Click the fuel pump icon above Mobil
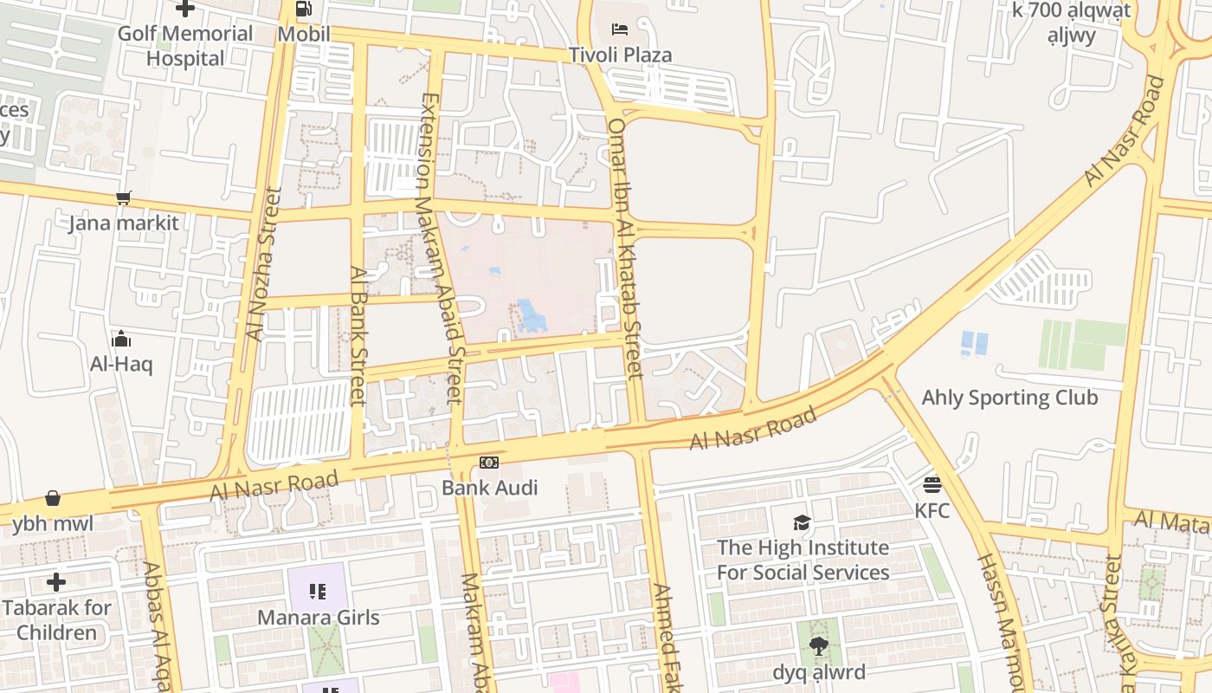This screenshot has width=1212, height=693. tap(303, 10)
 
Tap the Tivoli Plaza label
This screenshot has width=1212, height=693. tap(620, 55)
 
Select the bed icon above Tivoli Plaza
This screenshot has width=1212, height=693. tap(620, 29)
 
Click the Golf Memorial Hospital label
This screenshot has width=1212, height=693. tap(185, 46)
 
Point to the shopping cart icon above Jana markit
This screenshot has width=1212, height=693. tap(124, 198)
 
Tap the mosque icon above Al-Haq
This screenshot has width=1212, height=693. tap(121, 339)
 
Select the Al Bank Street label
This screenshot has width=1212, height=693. tap(358, 334)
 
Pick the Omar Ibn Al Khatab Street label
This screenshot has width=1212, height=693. tap(625, 248)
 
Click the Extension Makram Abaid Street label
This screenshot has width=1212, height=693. tap(442, 248)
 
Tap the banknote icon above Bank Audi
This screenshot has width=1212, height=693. tap(489, 463)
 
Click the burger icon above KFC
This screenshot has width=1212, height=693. tap(932, 485)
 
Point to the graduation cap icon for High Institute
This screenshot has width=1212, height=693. tap(803, 522)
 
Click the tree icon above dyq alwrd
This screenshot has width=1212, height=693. tap(817, 646)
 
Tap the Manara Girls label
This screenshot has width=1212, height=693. tap(319, 618)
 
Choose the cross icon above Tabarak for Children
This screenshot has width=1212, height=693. tap(56, 582)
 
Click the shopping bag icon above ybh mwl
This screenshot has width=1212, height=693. tap(53, 498)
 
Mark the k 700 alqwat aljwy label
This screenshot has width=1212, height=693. tap(1072, 23)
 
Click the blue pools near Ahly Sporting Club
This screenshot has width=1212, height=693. tap(974, 344)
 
